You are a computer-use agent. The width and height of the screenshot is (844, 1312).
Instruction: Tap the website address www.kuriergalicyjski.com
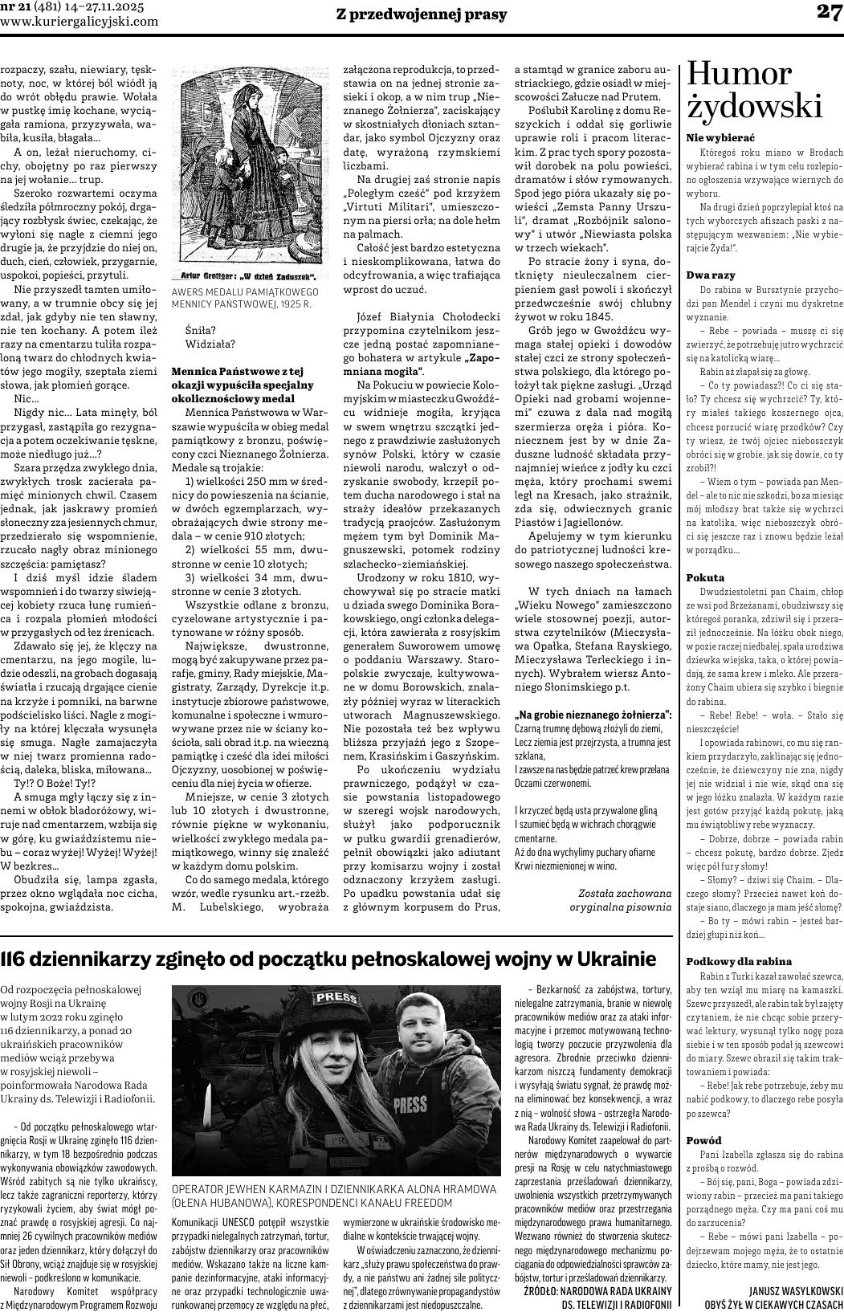coord(80,22)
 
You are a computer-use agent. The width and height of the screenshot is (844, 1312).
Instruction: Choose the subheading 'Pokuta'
coord(705,577)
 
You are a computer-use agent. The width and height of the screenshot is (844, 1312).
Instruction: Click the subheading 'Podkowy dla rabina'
coord(739,961)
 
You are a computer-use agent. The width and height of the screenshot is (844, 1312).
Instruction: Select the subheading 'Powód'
coord(704,1140)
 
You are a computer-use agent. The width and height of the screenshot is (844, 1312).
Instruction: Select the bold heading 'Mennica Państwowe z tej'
coord(237,371)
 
